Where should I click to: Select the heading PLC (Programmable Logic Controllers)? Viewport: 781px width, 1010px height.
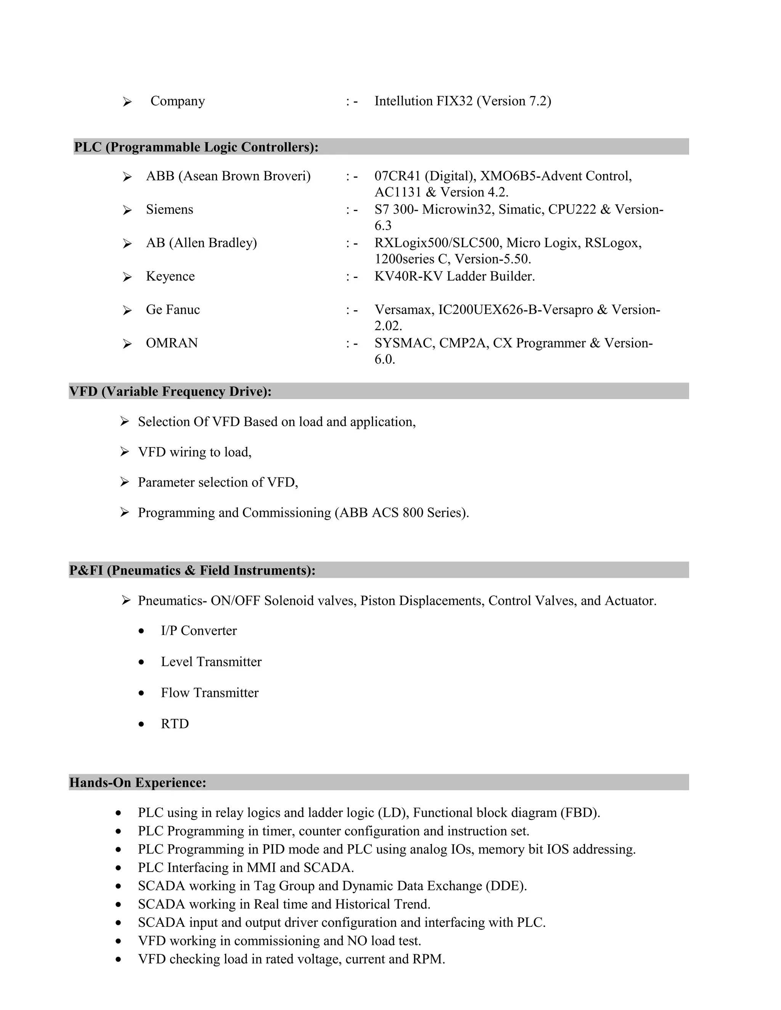point(196,147)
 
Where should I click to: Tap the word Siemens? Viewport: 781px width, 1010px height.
point(169,210)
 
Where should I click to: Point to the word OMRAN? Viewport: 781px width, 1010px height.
point(172,343)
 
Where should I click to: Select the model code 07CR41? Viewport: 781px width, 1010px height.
point(397,176)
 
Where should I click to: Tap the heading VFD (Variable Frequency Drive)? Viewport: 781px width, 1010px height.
point(170,391)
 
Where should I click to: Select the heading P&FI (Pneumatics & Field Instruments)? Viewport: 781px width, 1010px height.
point(193,570)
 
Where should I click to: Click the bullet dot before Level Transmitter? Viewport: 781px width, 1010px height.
point(141,663)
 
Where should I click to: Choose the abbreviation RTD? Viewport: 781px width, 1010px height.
point(175,724)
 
